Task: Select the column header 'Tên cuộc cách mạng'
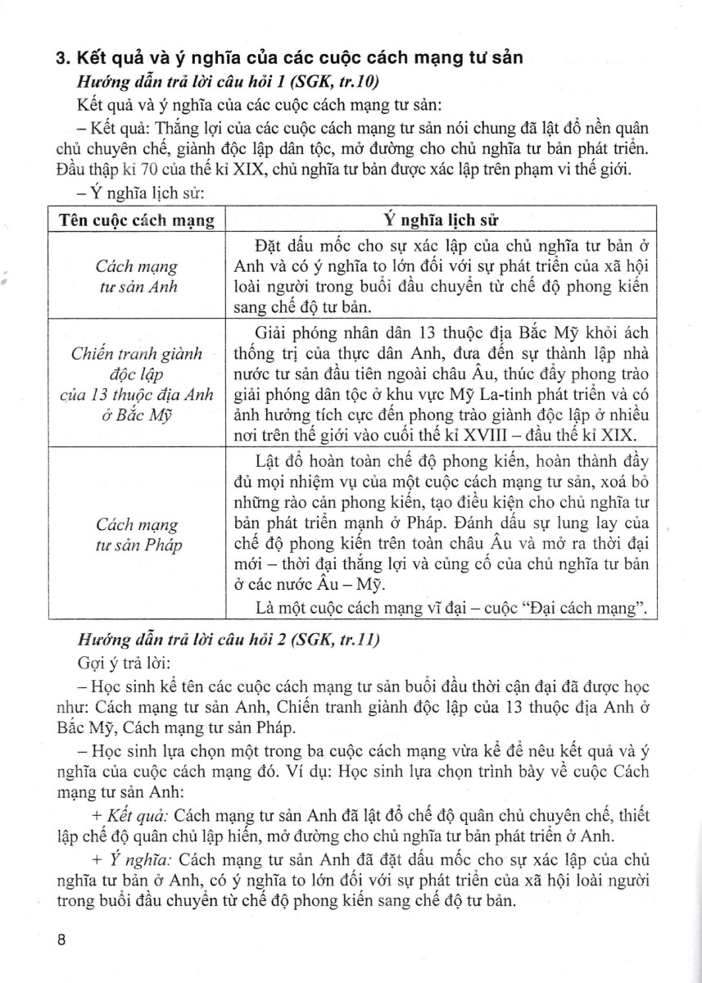pos(138,220)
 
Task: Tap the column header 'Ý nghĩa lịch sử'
pos(442,220)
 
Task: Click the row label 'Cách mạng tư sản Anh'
pos(137,277)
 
